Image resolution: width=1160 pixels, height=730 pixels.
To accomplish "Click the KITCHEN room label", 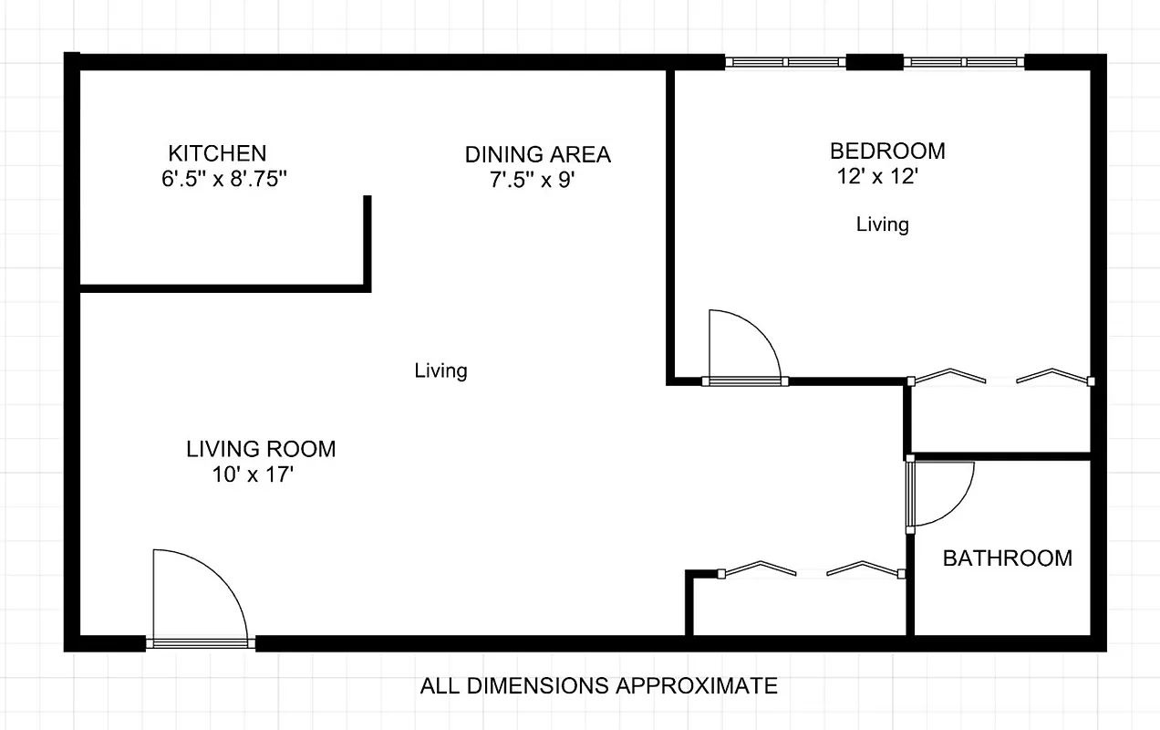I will click(x=217, y=153).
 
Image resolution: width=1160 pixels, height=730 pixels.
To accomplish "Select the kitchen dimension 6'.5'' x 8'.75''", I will click(x=224, y=180).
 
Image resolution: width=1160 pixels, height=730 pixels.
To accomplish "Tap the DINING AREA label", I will click(x=537, y=154).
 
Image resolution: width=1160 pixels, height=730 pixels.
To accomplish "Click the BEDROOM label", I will click(x=886, y=151).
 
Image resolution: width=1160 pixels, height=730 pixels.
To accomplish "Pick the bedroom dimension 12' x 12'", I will click(x=875, y=177).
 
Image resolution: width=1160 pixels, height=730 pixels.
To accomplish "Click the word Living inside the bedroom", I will click(x=882, y=224).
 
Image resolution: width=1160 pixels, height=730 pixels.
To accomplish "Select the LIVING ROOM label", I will click(x=261, y=449).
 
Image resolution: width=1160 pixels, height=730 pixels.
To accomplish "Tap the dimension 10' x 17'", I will click(x=253, y=474).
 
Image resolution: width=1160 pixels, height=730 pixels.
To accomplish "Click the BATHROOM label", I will click(x=1007, y=558).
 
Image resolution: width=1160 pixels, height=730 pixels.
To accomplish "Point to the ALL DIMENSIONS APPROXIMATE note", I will click(x=598, y=685).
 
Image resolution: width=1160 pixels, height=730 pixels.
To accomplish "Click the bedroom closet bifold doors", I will click(x=1000, y=377).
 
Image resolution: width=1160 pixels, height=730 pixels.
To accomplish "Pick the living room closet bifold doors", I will click(x=811, y=569).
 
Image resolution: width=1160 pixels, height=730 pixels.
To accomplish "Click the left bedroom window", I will click(x=785, y=62).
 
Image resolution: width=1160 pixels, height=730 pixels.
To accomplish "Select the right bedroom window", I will click(x=963, y=62).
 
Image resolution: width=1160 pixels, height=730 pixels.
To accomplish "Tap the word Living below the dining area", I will click(x=440, y=370).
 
